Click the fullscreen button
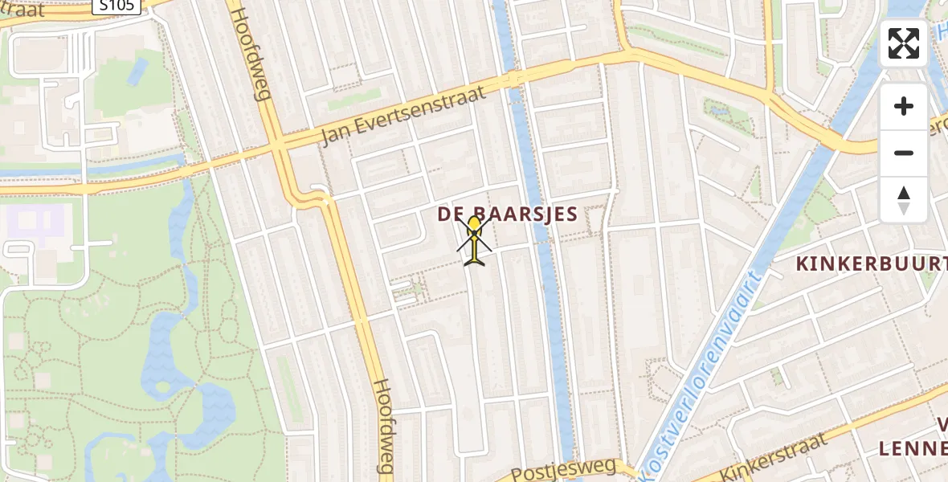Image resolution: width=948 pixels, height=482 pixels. click(x=904, y=43)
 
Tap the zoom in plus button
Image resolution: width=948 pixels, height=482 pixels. click(x=904, y=106)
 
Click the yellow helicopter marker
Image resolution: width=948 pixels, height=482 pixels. click(x=475, y=240)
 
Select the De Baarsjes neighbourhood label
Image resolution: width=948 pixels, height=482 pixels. click(x=508, y=214)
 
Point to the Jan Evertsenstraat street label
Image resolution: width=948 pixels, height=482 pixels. click(x=403, y=116)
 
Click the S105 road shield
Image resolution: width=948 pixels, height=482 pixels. click(x=116, y=6)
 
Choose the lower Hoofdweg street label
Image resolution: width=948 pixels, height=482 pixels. click(x=385, y=426)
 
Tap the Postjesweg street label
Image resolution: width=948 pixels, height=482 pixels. click(x=562, y=469)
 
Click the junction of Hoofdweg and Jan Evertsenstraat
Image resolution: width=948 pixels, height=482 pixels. click(x=278, y=148)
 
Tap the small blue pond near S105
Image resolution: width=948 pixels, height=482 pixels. click(x=137, y=71)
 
